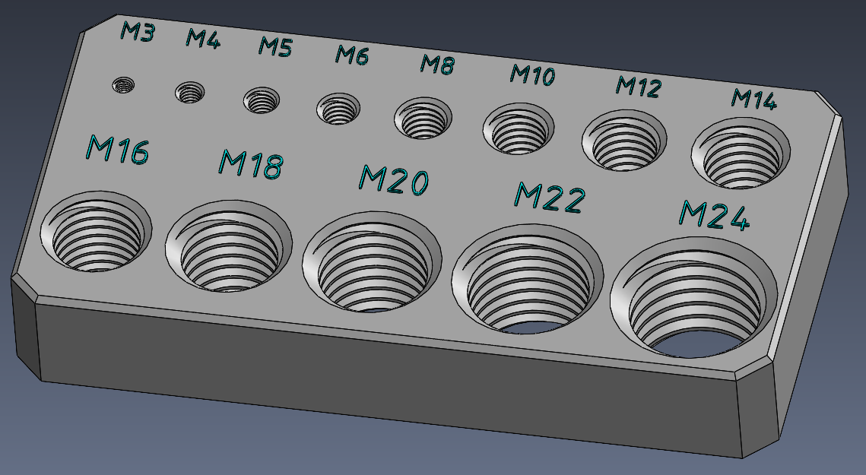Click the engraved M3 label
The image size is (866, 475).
138,32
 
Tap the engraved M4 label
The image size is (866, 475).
203,39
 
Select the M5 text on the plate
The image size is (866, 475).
274,47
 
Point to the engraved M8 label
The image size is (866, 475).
438,65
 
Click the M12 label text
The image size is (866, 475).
638,87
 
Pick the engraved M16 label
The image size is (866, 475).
117,150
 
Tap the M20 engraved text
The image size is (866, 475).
394,181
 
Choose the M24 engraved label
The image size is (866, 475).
714,216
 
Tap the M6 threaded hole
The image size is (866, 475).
338,110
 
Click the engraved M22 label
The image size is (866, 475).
550,198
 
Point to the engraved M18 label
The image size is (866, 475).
252,163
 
